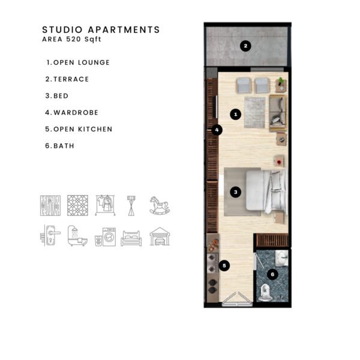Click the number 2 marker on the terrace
pyautogui.click(x=245, y=46)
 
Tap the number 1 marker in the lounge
pyautogui.click(x=236, y=114)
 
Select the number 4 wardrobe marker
pyautogui.click(x=217, y=130)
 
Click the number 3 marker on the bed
pyautogui.click(x=236, y=192)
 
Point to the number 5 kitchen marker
pyautogui.click(x=224, y=266)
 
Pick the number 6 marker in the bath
pyautogui.click(x=272, y=274)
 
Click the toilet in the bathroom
pyautogui.click(x=265, y=293)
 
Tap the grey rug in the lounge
pyautogui.click(x=255, y=112)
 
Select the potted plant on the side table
pyautogui.click(x=281, y=81)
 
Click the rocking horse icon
pyautogui.click(x=160, y=205)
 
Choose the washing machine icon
pyautogui.click(x=106, y=237)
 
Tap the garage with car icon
pyautogui.click(x=160, y=236)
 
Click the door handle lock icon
pyautogui.click(x=50, y=236)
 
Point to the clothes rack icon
pyautogui.click(x=105, y=205)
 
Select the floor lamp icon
pyautogui.click(x=131, y=206)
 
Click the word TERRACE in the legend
pyautogui.click(x=71, y=79)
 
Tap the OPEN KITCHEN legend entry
pyautogui.click(x=79, y=129)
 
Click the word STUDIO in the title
pyautogui.click(x=62, y=30)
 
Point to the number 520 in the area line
pyautogui.click(x=73, y=39)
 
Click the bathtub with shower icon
pyautogui.click(x=77, y=236)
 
